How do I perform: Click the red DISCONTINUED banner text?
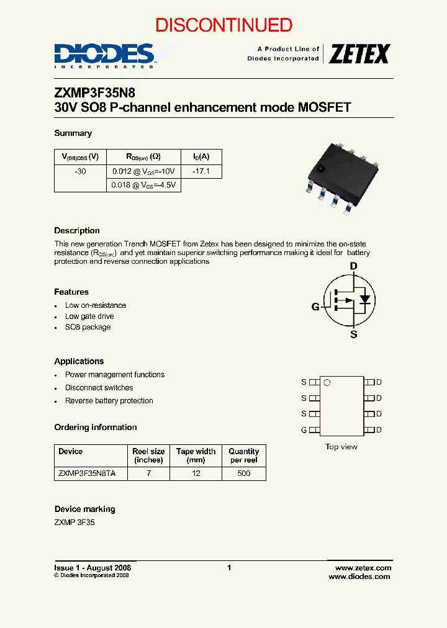pos(223,25)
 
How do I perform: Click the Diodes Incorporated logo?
pos(104,55)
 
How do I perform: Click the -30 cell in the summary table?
pos(81,171)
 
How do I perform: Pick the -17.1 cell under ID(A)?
pos(201,171)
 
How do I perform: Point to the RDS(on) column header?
pos(144,157)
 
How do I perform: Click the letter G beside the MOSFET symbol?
pos(315,306)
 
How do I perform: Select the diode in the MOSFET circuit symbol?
pos(365,298)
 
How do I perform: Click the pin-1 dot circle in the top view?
pos(327,383)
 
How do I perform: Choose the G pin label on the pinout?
pos(304,430)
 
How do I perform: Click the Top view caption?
pos(341,447)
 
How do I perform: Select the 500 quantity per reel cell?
pos(244,473)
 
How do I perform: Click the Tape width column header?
pos(196,455)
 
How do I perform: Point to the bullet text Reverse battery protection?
pos(109,401)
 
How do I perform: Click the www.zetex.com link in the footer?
pos(363,568)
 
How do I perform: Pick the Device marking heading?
pos(85,509)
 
